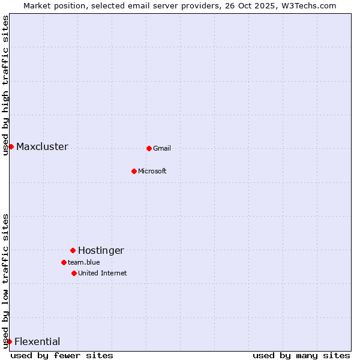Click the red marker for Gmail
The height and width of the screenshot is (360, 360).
click(149, 148)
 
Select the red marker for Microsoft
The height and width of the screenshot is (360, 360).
click(134, 171)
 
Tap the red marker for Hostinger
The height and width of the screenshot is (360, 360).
click(73, 250)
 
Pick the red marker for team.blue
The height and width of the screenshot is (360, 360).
click(64, 262)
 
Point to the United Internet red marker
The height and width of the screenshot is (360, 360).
click(74, 273)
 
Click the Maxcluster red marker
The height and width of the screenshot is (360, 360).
click(11, 146)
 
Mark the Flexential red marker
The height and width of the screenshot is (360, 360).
click(9, 341)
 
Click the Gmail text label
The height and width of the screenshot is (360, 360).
click(162, 149)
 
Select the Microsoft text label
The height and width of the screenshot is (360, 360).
click(152, 172)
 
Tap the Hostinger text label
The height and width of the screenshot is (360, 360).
click(101, 251)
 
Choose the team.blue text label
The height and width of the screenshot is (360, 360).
click(84, 263)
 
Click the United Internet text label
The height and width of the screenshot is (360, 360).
click(103, 274)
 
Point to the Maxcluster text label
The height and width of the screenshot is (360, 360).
click(42, 147)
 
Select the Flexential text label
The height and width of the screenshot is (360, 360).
click(37, 342)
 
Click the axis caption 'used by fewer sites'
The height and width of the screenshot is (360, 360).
click(62, 355)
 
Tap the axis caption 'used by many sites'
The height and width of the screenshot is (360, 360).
click(301, 355)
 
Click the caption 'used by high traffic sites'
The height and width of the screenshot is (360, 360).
click(6, 85)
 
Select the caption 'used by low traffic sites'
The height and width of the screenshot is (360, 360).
click(6, 280)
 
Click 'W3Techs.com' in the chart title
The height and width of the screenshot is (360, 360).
click(310, 5)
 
